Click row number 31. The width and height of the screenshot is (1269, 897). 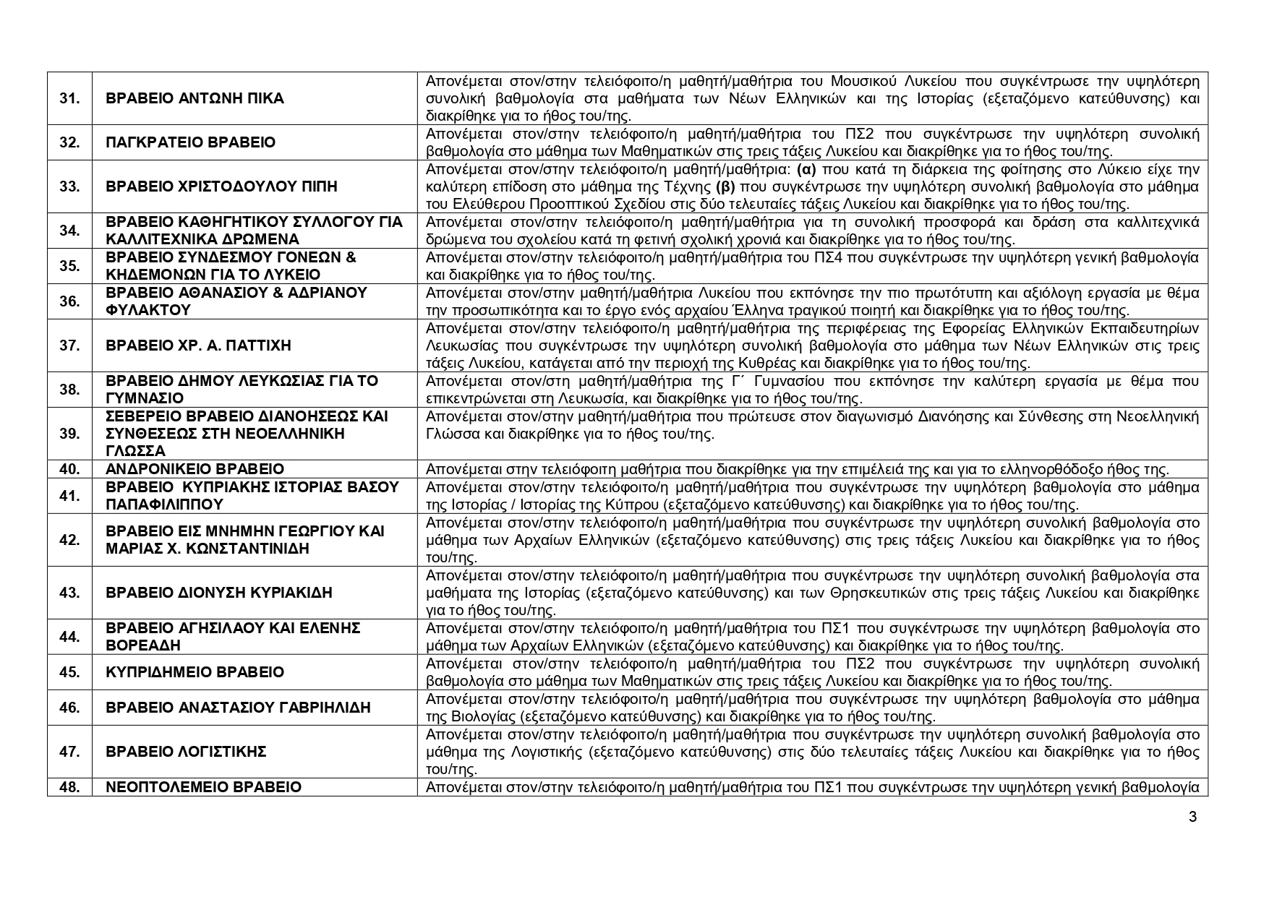[x=69, y=98]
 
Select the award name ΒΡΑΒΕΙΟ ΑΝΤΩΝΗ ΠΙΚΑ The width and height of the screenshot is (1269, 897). [x=195, y=98]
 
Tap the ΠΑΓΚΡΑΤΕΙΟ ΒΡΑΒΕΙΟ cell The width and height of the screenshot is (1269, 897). [x=190, y=142]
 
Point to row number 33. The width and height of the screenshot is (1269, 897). [x=69, y=186]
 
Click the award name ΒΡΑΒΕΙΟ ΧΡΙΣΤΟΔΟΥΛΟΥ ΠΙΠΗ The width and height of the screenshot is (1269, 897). [x=221, y=186]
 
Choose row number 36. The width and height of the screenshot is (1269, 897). [x=69, y=301]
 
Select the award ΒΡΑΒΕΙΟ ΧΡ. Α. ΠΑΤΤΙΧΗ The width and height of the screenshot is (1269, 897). [x=198, y=346]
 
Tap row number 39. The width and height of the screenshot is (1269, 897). [x=69, y=434]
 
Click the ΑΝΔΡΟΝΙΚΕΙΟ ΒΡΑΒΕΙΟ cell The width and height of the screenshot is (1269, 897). [x=195, y=469]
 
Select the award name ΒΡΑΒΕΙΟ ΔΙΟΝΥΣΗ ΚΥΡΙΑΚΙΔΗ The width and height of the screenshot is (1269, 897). [x=218, y=593]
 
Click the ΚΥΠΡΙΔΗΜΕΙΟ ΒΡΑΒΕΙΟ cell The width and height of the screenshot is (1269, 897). [x=195, y=672]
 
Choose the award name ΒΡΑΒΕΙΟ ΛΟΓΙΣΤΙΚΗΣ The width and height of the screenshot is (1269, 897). [x=186, y=752]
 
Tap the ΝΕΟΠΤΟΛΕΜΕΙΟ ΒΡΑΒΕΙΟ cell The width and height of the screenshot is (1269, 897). [x=203, y=787]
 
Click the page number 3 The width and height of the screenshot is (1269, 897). [x=1192, y=817]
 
